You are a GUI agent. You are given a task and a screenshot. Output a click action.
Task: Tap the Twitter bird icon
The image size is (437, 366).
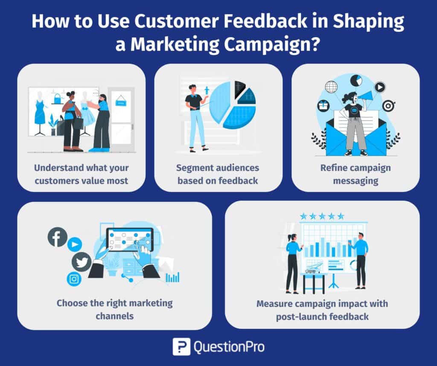click(81, 261)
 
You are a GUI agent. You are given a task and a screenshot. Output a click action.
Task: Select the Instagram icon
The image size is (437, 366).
click(74, 279)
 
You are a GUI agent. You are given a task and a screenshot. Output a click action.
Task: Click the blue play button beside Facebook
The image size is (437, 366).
click(75, 244)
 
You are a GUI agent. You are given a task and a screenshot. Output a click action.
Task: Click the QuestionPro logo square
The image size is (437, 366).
click(181, 346)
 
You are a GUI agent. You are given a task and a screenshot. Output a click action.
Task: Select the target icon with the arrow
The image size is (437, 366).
click(388, 105)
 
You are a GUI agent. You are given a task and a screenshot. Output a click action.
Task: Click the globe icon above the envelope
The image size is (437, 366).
click(331, 87)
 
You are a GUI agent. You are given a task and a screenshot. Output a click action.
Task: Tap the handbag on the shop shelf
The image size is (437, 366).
click(57, 99)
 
